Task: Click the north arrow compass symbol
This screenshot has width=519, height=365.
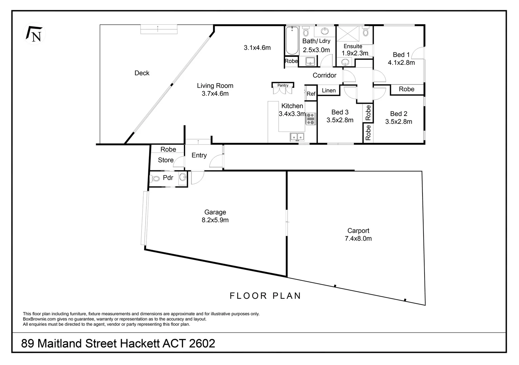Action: (x=34, y=34)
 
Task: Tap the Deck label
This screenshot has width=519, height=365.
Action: (x=142, y=73)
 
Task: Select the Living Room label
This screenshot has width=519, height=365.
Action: (x=215, y=86)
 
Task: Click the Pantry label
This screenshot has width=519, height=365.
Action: (x=283, y=86)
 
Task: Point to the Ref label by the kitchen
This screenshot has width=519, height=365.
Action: (x=311, y=94)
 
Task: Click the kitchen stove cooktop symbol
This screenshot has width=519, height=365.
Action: (x=310, y=119)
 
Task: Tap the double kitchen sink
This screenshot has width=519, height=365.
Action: (x=297, y=137)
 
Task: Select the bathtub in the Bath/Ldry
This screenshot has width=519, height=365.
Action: (x=292, y=41)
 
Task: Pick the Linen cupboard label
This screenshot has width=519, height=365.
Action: (x=328, y=91)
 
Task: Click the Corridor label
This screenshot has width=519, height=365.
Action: (x=324, y=75)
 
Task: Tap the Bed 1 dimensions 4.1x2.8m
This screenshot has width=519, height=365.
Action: (x=401, y=63)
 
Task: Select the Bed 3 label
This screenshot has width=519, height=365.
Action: (x=340, y=112)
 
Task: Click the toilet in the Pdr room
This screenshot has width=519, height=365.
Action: (x=156, y=178)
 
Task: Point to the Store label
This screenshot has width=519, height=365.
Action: (x=166, y=160)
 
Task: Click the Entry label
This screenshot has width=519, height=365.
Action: (x=199, y=155)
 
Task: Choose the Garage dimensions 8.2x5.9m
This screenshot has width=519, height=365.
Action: (x=215, y=220)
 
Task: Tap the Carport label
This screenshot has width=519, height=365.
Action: (x=358, y=230)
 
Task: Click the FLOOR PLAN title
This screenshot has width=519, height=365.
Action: (x=265, y=296)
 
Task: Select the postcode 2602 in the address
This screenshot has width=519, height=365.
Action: (x=202, y=343)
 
